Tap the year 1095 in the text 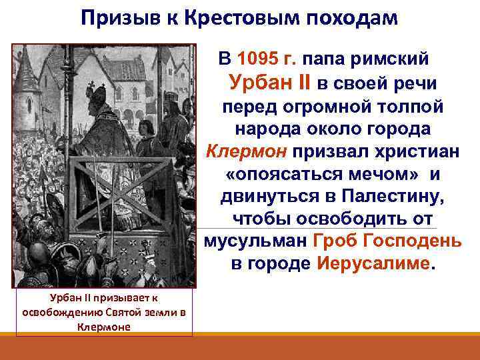click(x=267, y=59)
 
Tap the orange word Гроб click(x=333, y=241)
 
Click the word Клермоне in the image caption click(x=103, y=327)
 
